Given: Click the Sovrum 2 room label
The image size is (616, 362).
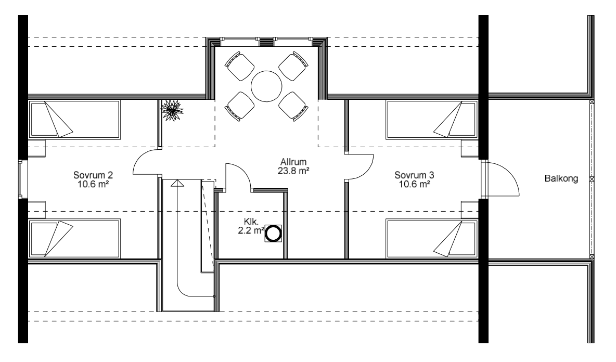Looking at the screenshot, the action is (93, 179).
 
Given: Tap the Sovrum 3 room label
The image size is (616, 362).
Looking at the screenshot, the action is (414, 179).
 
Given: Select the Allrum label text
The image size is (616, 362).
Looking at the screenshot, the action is (293, 162).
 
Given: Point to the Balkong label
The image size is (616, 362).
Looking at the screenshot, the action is (561, 178).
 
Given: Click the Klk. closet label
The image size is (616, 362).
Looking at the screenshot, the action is (251, 221).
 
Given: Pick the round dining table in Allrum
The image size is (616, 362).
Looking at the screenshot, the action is (266, 86).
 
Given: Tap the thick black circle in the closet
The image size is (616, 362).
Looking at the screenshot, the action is (273, 234).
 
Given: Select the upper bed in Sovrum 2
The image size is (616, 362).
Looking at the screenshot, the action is (74, 120).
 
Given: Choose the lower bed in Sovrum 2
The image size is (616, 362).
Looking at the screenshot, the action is (74, 239).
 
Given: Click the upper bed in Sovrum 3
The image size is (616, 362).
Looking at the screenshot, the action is (431, 120).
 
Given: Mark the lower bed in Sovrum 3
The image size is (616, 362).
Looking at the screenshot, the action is (431, 239).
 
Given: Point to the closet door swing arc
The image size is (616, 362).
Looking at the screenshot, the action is (243, 173).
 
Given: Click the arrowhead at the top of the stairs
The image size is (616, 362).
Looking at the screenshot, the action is (177, 183).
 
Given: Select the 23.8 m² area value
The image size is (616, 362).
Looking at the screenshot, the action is (293, 171).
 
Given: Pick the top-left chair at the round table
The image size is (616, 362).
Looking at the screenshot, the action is (239, 66).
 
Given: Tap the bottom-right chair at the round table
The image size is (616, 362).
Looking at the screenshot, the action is (293, 106).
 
